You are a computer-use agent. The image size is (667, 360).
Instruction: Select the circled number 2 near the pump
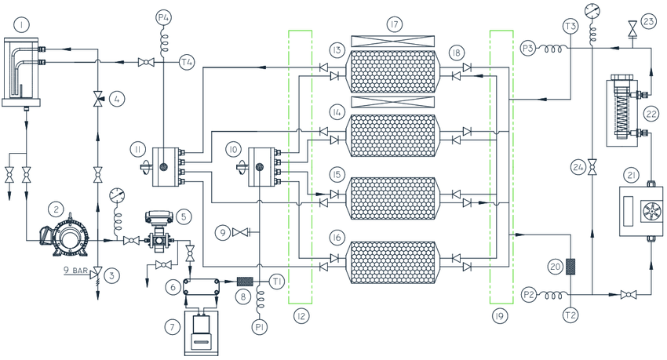pos(56,209)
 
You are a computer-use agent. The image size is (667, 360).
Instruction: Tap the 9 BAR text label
pos(75,271)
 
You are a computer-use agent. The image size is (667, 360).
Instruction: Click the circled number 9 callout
pos(223,231)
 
